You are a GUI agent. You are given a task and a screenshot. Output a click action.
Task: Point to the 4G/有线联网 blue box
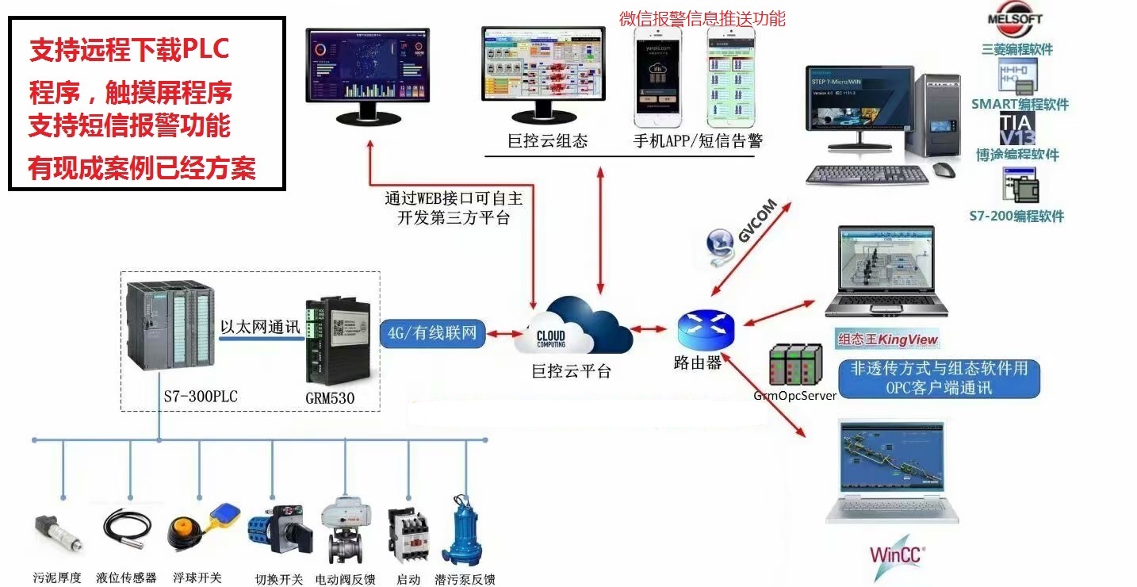pos(433,333)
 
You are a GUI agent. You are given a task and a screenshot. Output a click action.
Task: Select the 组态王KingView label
pos(888,340)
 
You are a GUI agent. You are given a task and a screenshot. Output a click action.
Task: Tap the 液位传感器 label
pos(126,578)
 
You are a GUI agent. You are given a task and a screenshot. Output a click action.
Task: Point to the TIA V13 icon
pos(1017,129)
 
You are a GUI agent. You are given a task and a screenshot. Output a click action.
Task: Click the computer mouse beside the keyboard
pos(943,169)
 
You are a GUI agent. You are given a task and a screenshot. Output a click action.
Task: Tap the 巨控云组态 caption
pos(547,142)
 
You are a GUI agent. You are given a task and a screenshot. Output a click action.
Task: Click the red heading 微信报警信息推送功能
pos(702,18)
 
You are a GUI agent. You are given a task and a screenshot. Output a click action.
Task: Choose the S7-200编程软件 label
pos(1017,216)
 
